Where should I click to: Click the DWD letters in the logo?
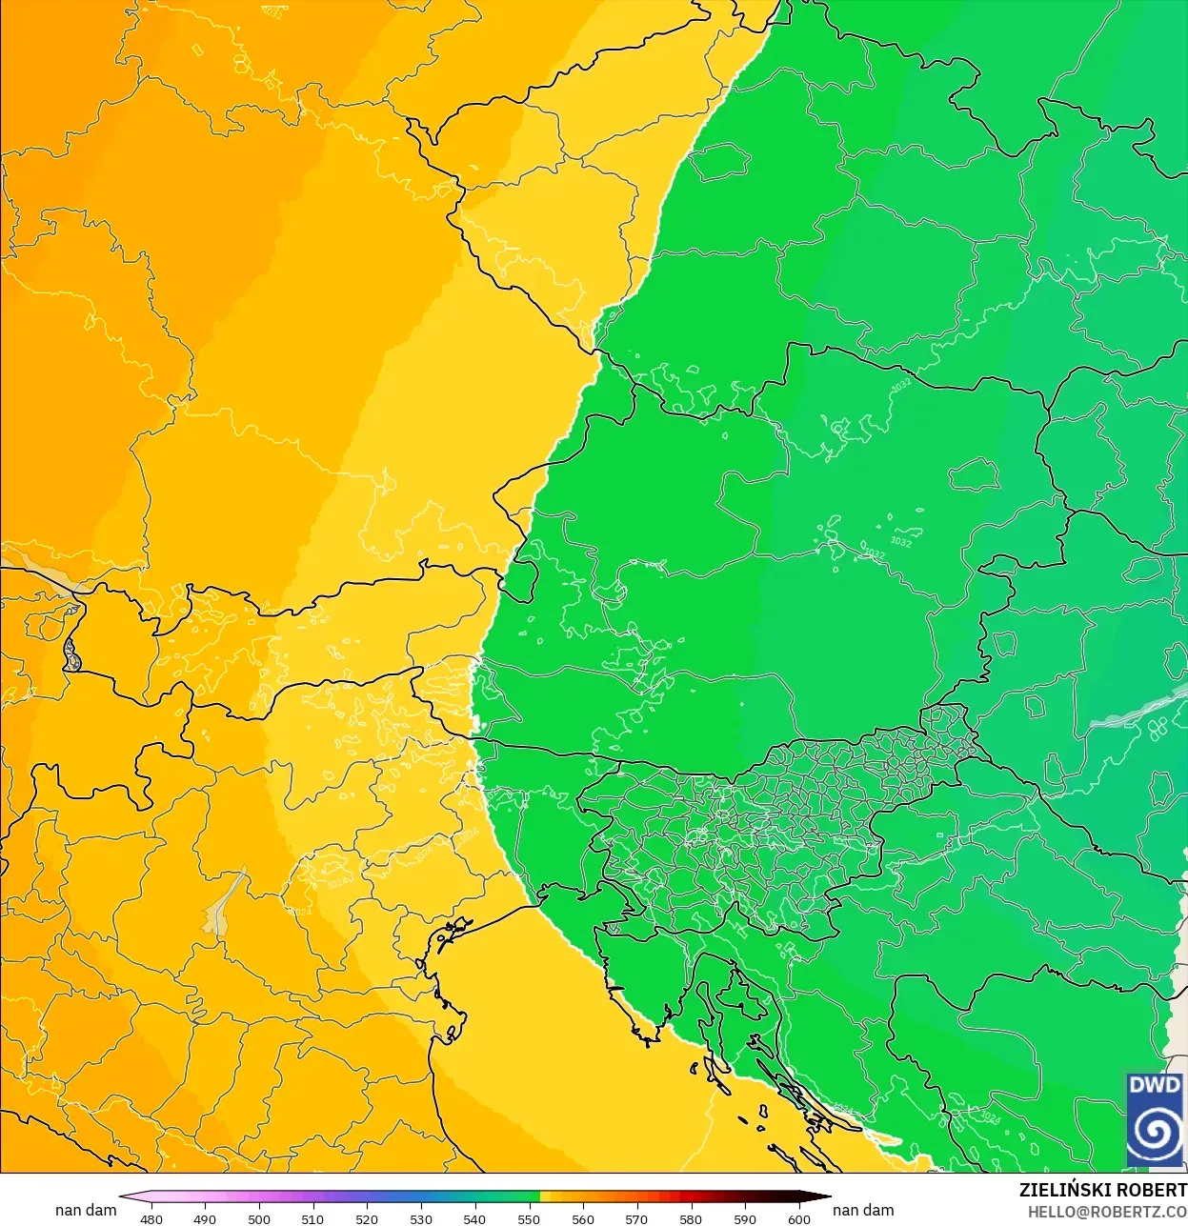1154,1085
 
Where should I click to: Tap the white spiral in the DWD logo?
1155,1132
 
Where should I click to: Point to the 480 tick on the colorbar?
151,1218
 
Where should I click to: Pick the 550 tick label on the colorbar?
529,1218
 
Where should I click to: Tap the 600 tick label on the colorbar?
799,1218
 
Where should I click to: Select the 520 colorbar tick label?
367,1218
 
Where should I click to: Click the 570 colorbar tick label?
636,1218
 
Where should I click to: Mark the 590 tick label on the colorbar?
745,1218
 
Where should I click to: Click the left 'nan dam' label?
86,1210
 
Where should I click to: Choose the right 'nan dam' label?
863,1210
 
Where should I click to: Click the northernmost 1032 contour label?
900,385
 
